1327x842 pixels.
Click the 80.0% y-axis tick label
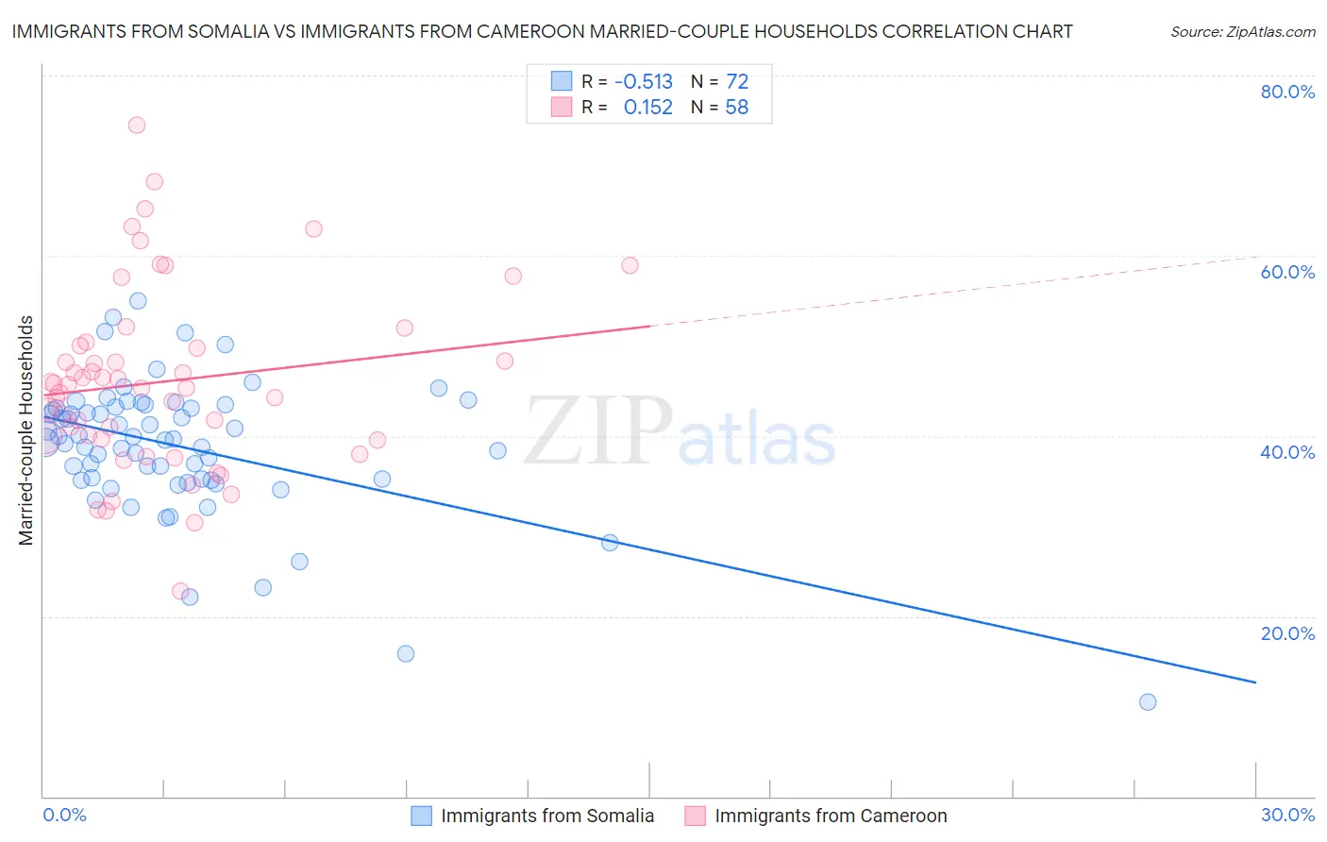click(x=1287, y=92)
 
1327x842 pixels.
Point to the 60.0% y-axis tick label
click(x=1287, y=272)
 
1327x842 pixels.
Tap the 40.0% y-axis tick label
click(x=1287, y=452)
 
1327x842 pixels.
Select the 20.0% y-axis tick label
click(x=1287, y=633)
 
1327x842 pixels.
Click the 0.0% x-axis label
click(x=64, y=815)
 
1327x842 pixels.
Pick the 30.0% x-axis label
click(x=1287, y=815)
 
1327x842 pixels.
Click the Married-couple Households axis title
click(x=26, y=430)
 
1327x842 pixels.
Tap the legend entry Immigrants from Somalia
click(x=546, y=816)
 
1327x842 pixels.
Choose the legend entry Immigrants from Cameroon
click(x=830, y=816)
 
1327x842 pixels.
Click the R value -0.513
click(x=643, y=81)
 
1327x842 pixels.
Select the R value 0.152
click(x=647, y=108)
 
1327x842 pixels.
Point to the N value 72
click(x=736, y=81)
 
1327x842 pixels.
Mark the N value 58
click(x=736, y=108)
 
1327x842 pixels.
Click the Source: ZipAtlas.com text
click(x=1242, y=32)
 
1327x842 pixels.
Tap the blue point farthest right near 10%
click(x=1148, y=701)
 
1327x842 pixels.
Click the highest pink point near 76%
click(x=137, y=125)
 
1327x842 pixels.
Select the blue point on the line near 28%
click(x=610, y=543)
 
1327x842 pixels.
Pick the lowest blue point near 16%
click(x=406, y=653)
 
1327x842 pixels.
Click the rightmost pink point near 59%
click(x=630, y=265)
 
